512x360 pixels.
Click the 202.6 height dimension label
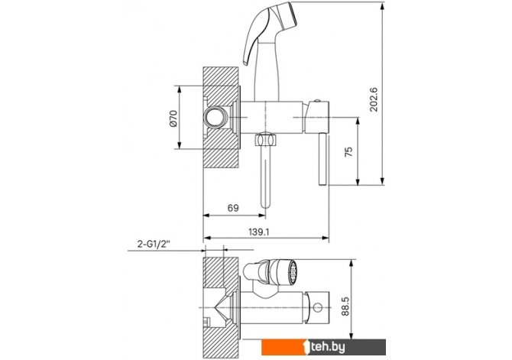pos(373,99)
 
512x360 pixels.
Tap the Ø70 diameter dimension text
pos(173,118)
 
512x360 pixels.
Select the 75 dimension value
pos(348,151)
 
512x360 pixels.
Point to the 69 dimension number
pos(233,208)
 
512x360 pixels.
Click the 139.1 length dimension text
pos(258,232)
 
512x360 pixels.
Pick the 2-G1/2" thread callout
pos(154,244)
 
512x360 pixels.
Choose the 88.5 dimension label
pos(345,306)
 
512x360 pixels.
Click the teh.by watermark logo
pos(323,347)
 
